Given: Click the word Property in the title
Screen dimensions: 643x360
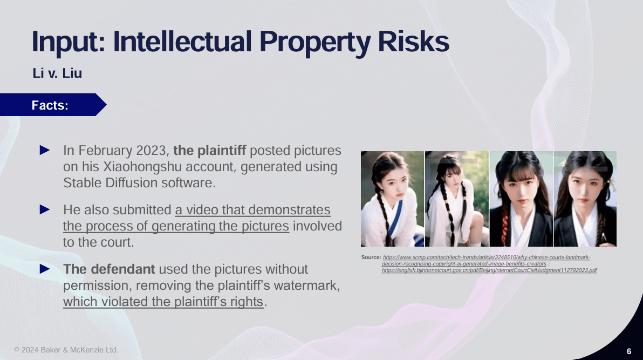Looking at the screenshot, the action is pos(315,42).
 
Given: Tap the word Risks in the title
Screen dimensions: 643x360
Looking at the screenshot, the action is pos(413,42).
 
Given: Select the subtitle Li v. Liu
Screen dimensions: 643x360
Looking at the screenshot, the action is pos(57,73).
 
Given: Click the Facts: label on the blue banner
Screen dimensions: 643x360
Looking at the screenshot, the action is pos(50,105).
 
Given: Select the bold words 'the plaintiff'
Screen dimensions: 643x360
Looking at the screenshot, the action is pos(209,150).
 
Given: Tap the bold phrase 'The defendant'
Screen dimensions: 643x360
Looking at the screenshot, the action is pos(109,269).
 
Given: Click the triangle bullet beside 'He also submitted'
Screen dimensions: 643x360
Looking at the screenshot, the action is pos(45,210).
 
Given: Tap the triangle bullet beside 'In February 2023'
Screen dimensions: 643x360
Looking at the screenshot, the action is pos(45,150).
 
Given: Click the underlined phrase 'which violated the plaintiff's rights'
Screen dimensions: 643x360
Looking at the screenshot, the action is pos(163,302).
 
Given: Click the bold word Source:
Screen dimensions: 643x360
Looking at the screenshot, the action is pos(371,257).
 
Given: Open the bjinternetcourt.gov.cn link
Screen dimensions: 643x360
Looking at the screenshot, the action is pos(489,270).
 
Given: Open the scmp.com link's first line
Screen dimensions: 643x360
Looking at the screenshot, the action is pos(487,257).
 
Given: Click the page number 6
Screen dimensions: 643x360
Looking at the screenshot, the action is pos(629,351).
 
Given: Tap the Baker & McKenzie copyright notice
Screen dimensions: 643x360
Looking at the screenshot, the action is pos(66,350).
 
